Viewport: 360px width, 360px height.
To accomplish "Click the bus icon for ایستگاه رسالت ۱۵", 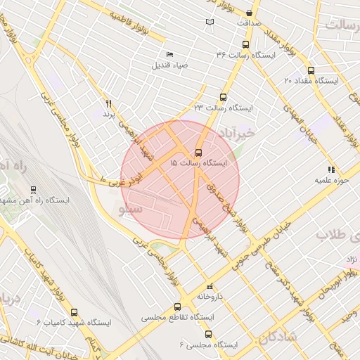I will click(x=198, y=152).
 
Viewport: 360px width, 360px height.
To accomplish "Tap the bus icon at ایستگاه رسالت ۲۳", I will click(x=224, y=98).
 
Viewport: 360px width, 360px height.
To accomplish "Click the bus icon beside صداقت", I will click(x=250, y=13).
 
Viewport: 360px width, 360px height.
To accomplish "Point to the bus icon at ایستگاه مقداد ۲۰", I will click(x=311, y=70).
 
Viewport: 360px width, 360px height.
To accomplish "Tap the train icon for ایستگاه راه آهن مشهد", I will click(x=33, y=190).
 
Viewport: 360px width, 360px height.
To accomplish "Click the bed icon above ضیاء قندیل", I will click(x=169, y=55).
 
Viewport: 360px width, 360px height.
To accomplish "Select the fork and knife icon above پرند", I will click(x=108, y=103).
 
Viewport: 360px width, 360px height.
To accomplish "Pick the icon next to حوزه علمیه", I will click(x=331, y=169).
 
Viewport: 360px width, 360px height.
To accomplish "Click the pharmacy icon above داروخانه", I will click(x=209, y=287).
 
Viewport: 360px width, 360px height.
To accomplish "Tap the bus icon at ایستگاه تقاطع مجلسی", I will click(x=176, y=307).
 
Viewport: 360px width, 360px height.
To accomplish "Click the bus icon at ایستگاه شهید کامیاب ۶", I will click(x=76, y=311).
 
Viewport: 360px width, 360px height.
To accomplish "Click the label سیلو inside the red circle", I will click(x=131, y=209).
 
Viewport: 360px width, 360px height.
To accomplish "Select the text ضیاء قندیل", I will click(x=169, y=65).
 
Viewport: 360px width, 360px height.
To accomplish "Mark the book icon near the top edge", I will click(x=210, y=22).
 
